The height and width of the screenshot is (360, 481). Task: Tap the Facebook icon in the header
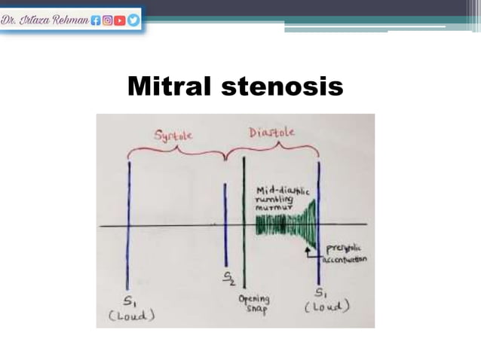coord(96,20)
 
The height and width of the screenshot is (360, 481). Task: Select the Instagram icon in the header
coord(108,20)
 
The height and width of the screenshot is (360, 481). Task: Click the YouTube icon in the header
coord(121,20)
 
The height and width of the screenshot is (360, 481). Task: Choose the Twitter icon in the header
coord(133,20)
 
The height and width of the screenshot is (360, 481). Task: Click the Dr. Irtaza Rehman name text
coord(44,20)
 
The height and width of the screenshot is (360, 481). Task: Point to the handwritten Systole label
coord(173,136)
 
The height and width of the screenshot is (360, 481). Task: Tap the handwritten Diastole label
coord(271,133)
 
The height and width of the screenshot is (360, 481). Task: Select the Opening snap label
coord(254,304)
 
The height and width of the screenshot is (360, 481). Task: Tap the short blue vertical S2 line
coord(225,226)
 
